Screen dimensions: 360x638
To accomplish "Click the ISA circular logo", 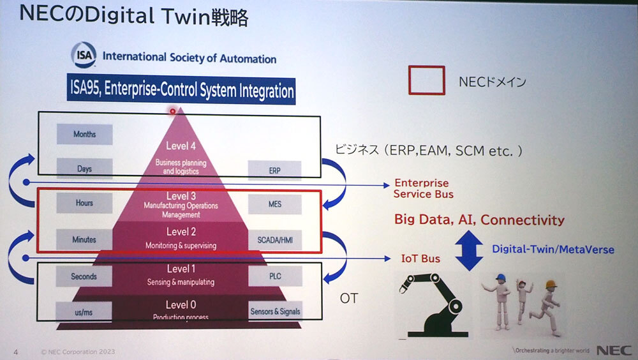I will click(x=84, y=57).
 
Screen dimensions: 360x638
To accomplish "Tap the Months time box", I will click(x=85, y=134).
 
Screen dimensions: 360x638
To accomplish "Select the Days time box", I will click(x=85, y=169).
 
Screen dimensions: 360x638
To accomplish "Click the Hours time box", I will click(x=84, y=203).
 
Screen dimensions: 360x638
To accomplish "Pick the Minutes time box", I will click(x=84, y=239).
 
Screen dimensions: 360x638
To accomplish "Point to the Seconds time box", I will click(x=84, y=276).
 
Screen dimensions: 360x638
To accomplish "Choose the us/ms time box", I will click(x=84, y=311).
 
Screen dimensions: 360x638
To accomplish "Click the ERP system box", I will click(x=275, y=170).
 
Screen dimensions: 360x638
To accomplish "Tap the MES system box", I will click(x=275, y=204).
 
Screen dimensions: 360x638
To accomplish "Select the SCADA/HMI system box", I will click(x=275, y=241).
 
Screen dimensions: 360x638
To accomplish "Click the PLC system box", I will click(x=275, y=276).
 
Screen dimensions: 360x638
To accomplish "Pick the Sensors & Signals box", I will click(x=275, y=311).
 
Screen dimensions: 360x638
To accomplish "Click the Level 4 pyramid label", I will click(x=181, y=146).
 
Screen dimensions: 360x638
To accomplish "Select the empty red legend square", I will click(x=427, y=80).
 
